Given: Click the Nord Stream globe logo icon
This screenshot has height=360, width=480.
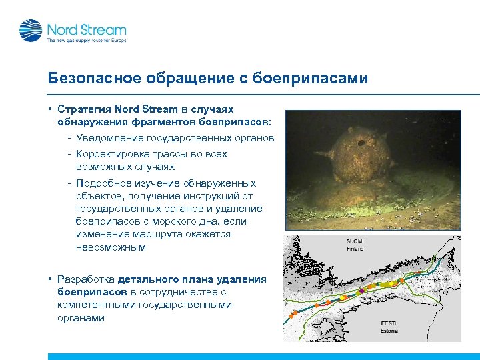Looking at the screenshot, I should [30, 31].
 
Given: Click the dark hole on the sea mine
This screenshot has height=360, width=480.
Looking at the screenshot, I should [361, 142].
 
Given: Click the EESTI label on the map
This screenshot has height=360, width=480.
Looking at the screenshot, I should [381, 323].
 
